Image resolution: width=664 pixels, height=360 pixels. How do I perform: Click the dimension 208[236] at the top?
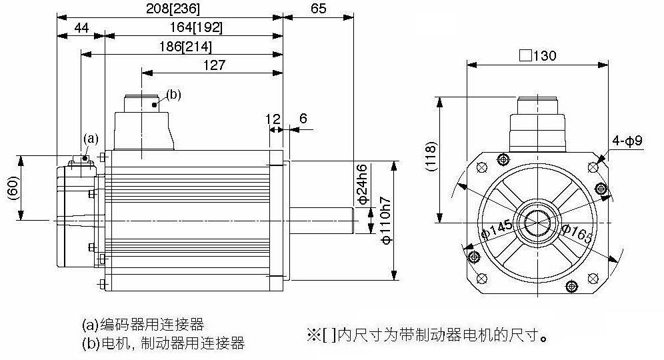(x=173, y=9)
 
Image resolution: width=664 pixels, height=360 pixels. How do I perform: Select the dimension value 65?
(x=319, y=9)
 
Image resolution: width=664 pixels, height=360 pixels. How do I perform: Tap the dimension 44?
(x=81, y=28)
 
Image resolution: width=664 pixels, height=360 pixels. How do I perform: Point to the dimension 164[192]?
(x=196, y=27)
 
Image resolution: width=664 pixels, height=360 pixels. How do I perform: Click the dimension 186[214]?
(x=185, y=46)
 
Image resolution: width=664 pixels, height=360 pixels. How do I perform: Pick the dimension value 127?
(x=214, y=65)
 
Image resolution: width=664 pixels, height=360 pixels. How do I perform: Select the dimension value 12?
(x=273, y=119)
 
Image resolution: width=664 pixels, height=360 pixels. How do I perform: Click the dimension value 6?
(x=303, y=118)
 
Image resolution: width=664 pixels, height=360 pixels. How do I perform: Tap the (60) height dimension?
(x=14, y=187)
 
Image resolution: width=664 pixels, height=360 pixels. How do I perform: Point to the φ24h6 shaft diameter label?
(x=363, y=184)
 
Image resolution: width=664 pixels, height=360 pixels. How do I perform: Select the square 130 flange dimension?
(x=537, y=55)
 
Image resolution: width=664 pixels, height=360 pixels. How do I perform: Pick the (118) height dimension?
(x=431, y=156)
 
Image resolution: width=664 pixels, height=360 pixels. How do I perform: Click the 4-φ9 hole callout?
(x=627, y=140)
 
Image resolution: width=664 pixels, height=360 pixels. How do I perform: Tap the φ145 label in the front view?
(x=497, y=229)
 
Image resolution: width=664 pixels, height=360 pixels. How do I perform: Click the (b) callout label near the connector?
(x=173, y=95)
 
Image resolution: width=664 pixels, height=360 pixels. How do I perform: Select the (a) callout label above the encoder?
(x=91, y=139)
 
